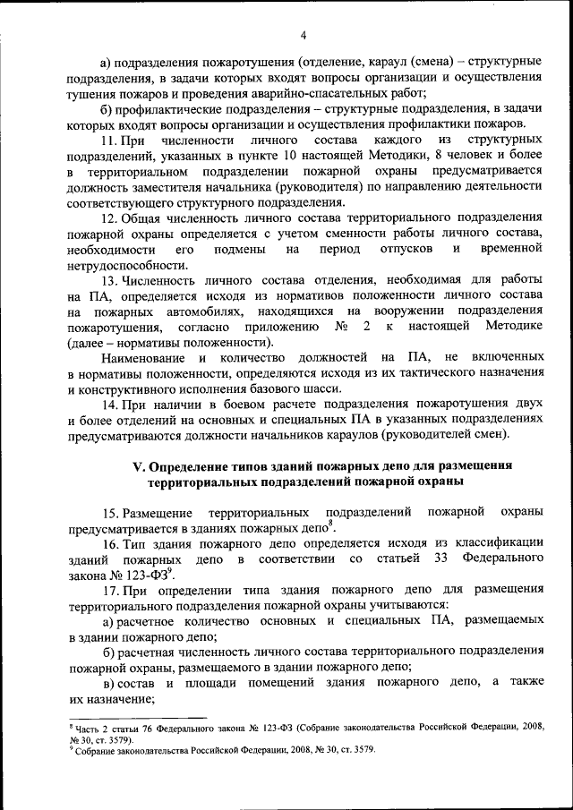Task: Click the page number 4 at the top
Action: coord(304,35)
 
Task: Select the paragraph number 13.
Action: coord(110,280)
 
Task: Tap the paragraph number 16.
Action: coord(110,543)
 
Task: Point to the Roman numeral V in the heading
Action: coord(138,465)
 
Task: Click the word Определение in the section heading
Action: coord(193,465)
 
